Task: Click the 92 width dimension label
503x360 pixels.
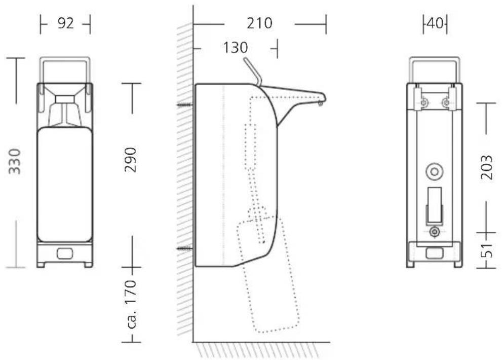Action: click(x=65, y=23)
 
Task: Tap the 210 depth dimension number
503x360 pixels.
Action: click(x=259, y=23)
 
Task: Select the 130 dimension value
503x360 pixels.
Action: click(x=236, y=48)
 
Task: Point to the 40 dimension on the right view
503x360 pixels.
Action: click(x=435, y=23)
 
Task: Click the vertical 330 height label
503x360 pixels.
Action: click(x=14, y=161)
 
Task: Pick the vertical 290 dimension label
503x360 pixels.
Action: click(x=131, y=160)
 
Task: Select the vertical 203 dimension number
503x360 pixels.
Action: click(x=486, y=167)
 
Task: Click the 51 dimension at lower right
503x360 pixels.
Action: click(x=487, y=250)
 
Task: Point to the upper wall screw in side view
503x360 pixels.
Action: click(x=185, y=104)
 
